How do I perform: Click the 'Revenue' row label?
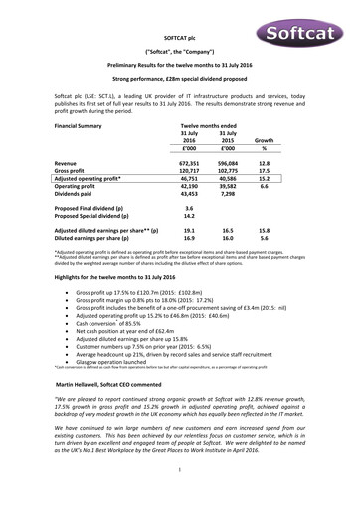(x=66, y=161)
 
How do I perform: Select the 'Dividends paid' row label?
(x=77, y=197)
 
